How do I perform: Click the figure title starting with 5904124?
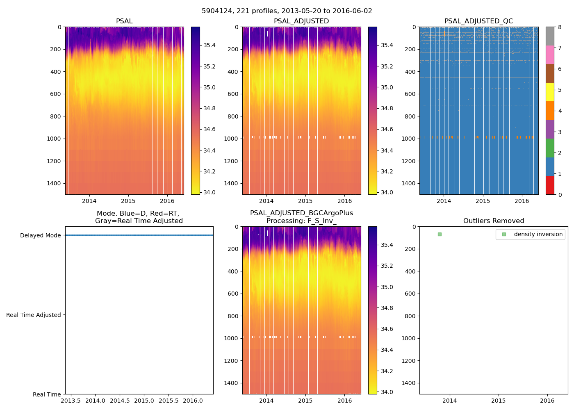click(287, 11)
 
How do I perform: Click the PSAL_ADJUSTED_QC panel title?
click(478, 21)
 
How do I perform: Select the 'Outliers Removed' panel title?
click(494, 221)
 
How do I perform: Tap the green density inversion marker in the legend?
click(504, 235)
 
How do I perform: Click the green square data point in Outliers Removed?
click(440, 234)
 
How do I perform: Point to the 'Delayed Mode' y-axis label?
click(40, 235)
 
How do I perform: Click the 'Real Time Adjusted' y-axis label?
click(34, 315)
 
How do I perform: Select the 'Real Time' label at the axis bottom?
click(47, 394)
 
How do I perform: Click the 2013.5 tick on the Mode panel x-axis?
click(71, 401)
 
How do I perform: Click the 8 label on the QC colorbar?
click(560, 27)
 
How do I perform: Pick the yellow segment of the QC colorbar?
click(550, 92)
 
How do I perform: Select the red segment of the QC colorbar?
click(550, 185)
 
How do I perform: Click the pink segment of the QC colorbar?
click(550, 55)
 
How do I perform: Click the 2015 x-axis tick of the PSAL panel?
click(128, 201)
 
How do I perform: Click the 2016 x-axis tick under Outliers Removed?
click(547, 401)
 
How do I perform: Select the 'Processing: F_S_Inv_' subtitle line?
click(301, 221)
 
